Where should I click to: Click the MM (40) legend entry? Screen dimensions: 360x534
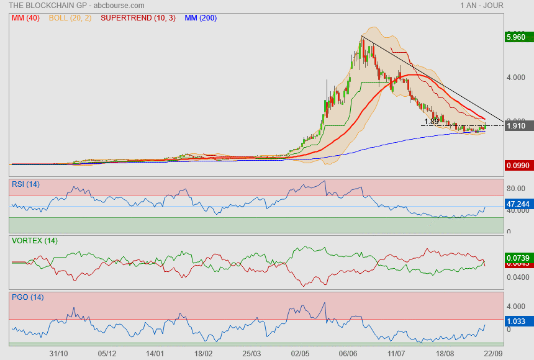click(x=25, y=18)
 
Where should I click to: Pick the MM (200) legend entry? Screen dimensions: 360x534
click(x=201, y=18)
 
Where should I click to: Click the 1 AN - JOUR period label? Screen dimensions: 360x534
click(x=482, y=6)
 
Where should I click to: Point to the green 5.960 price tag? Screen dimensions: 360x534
click(x=517, y=37)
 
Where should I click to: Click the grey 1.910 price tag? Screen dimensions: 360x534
click(x=517, y=126)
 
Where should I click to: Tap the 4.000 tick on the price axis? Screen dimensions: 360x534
click(x=517, y=78)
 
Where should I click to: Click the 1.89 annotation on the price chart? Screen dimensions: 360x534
click(x=432, y=122)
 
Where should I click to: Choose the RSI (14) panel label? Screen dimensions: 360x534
click(x=25, y=184)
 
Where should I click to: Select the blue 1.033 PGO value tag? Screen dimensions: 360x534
click(x=517, y=322)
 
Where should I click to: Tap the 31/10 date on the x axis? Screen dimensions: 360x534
click(x=58, y=353)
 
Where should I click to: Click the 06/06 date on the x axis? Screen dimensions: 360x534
click(x=348, y=353)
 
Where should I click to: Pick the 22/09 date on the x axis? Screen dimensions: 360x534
click(x=493, y=353)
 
